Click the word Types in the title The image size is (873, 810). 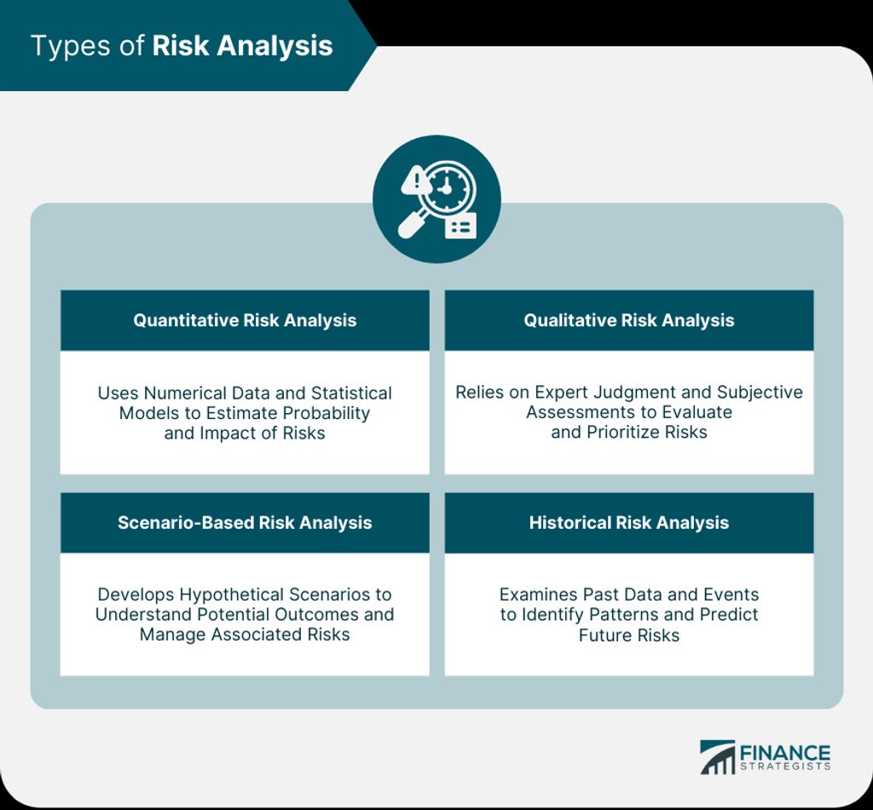point(71,47)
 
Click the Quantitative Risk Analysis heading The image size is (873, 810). point(245,320)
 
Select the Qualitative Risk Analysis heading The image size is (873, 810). point(628,320)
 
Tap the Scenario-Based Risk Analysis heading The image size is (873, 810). point(245,522)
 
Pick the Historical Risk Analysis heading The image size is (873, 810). point(628,522)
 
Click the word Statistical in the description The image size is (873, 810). point(351,394)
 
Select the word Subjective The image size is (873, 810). point(760,393)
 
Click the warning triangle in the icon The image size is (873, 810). point(415,181)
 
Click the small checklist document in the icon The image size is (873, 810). point(461,226)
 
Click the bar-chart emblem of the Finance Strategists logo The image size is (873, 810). point(718,757)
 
